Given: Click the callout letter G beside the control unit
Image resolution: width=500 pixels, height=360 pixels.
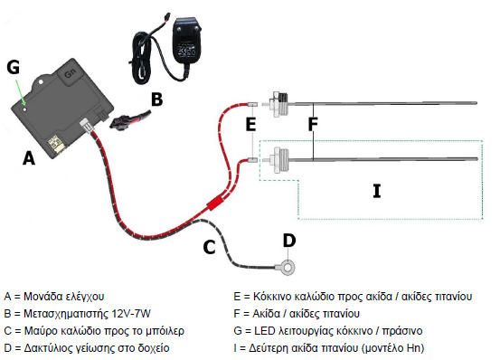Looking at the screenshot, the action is click(x=13, y=67).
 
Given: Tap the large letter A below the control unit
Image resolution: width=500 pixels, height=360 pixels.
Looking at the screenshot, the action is click(x=29, y=158).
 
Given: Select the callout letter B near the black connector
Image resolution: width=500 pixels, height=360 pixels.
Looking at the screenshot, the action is click(x=157, y=99).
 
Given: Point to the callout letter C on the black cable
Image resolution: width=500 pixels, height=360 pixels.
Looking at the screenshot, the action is click(x=209, y=247).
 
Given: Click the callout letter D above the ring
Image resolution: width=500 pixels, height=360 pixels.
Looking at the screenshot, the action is click(x=289, y=241).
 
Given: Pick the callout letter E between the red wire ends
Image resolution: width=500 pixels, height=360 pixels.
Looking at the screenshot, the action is click(x=251, y=124).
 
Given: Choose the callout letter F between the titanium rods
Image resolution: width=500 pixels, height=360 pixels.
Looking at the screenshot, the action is click(x=313, y=124).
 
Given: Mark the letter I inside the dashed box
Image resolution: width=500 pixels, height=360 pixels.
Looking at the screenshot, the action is click(x=377, y=191).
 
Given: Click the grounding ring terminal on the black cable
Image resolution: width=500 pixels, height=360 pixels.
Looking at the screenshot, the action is click(x=288, y=267).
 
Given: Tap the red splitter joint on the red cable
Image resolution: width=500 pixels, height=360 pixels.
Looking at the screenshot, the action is click(x=214, y=204).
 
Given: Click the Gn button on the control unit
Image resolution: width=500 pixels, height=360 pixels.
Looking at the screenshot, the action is click(x=71, y=74).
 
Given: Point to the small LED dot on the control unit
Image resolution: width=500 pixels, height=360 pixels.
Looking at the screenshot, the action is click(x=25, y=109).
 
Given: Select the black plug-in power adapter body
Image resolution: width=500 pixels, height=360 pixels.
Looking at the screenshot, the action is click(x=186, y=40).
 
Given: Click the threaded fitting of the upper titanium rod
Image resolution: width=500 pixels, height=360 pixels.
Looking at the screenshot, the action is click(x=279, y=103).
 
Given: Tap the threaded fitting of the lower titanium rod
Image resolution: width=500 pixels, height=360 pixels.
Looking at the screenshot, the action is click(x=279, y=159).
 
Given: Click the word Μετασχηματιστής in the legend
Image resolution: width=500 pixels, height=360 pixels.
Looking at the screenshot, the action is click(x=66, y=314).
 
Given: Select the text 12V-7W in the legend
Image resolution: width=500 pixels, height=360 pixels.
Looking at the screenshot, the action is click(x=131, y=314).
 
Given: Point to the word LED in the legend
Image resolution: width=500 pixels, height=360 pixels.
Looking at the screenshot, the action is click(x=264, y=331).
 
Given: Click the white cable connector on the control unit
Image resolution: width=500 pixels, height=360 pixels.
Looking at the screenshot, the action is click(x=87, y=124).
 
